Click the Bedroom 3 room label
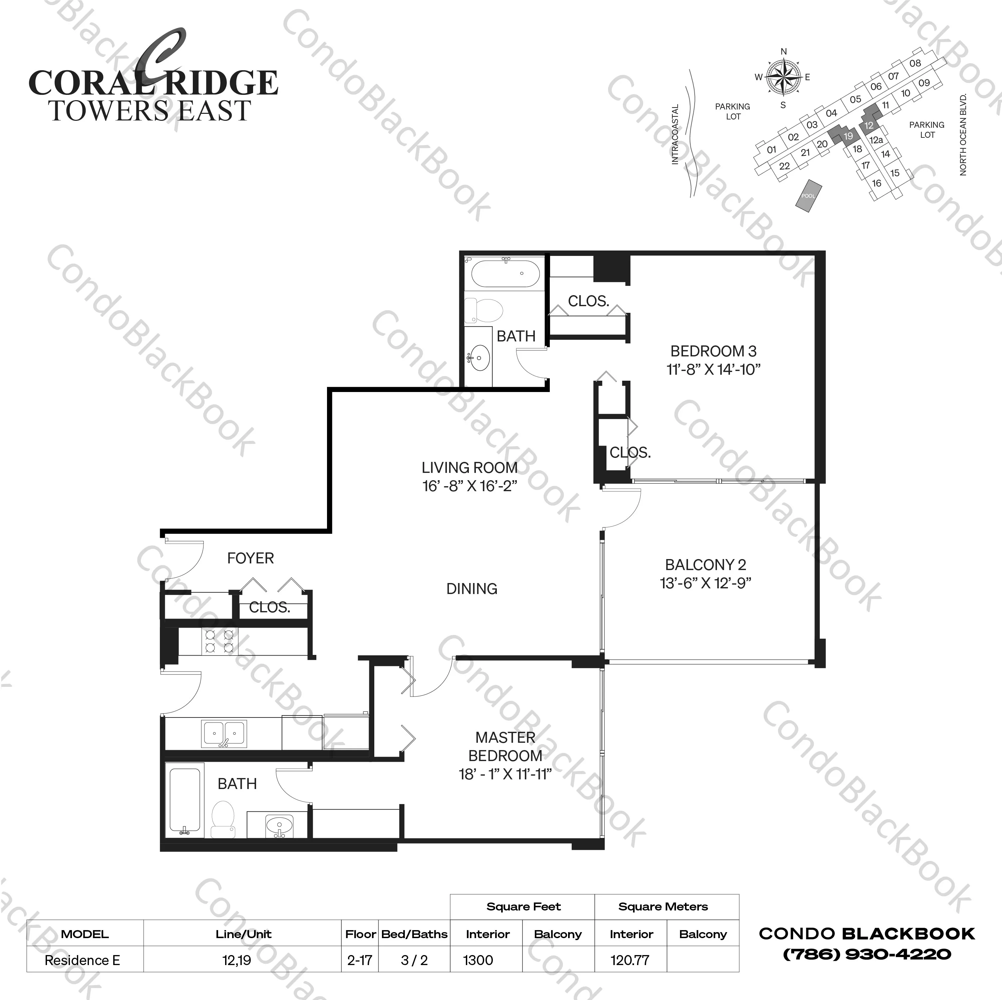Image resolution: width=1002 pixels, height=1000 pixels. coord(713,351)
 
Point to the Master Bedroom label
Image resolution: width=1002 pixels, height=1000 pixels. coord(505,746)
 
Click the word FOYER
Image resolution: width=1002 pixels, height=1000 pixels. coord(250,558)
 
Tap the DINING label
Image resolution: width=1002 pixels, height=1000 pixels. coord(472,589)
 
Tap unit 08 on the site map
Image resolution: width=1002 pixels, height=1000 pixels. coord(915,63)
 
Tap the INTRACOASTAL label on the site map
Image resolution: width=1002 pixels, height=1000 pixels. coord(675,135)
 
